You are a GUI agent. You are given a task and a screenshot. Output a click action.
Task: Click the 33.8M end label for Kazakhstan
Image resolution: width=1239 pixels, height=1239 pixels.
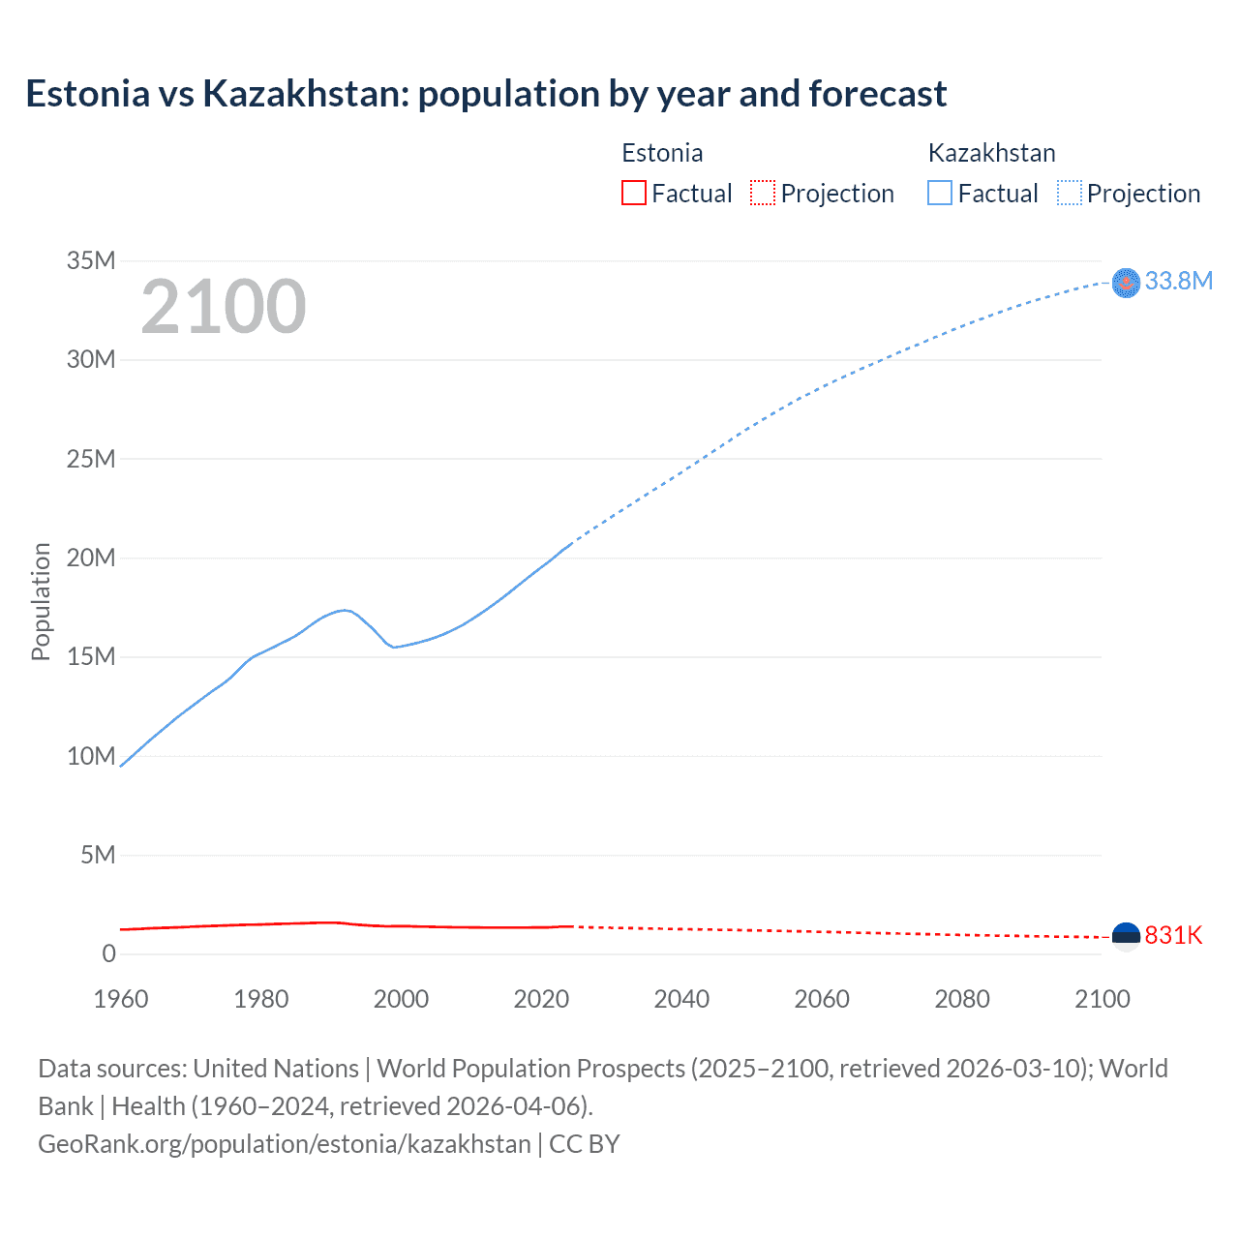1178,281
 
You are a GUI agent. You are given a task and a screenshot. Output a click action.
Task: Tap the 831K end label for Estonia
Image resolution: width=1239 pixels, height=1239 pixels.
1173,935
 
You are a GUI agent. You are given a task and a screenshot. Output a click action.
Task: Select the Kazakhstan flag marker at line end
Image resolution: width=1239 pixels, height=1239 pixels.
1126,283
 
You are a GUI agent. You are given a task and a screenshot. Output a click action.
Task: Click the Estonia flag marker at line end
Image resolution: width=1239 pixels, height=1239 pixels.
1126,936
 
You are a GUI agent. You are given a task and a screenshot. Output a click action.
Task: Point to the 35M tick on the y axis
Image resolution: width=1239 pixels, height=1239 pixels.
91,260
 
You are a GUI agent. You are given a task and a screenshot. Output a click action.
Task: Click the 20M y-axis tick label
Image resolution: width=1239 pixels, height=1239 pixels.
91,558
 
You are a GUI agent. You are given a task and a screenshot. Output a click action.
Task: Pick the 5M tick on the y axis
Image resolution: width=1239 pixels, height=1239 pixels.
98,855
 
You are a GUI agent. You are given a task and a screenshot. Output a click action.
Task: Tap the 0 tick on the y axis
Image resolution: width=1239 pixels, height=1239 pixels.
108,953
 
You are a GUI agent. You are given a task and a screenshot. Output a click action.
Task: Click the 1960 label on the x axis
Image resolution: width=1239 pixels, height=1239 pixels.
121,999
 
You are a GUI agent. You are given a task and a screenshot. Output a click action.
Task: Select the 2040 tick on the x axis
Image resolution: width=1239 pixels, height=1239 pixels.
681,999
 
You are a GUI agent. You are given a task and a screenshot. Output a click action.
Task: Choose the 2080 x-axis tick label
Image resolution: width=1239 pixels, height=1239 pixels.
962,999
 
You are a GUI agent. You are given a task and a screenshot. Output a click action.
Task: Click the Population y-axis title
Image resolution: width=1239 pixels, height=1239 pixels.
41,601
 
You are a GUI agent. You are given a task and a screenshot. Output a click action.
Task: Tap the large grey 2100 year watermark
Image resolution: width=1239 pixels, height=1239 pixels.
223,307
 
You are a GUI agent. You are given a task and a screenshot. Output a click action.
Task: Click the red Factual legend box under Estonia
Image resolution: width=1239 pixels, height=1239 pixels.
633,193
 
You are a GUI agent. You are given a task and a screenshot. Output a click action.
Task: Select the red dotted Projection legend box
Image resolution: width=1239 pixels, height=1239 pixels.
763,193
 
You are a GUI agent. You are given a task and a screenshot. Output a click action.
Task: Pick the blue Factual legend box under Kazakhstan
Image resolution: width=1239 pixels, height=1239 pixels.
940,193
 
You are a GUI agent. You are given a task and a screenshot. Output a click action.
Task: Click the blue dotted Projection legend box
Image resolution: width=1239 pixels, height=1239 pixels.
1070,193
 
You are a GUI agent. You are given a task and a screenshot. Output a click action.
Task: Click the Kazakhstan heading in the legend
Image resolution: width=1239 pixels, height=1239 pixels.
991,153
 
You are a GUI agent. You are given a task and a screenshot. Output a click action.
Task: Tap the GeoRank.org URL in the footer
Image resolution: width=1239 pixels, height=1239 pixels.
285,1144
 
